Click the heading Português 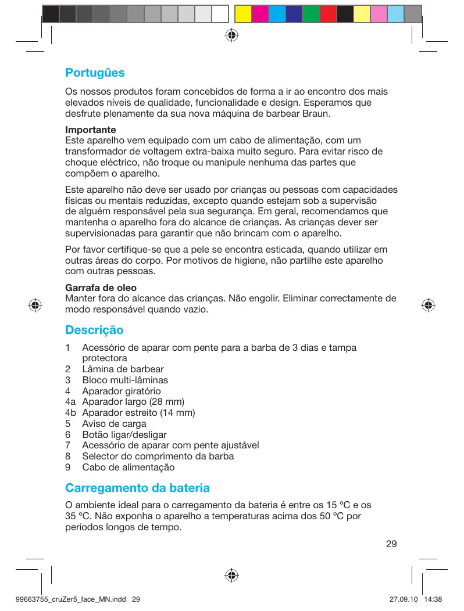point(95,73)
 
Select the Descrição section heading point(94,330)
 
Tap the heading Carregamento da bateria point(137,487)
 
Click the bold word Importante point(91,130)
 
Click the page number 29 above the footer point(391,544)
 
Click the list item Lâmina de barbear point(123,369)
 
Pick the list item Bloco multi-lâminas point(124,380)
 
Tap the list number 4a point(71,402)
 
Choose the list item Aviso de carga point(114,424)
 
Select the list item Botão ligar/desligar point(124,434)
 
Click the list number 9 point(68,467)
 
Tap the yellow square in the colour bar point(243,13)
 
